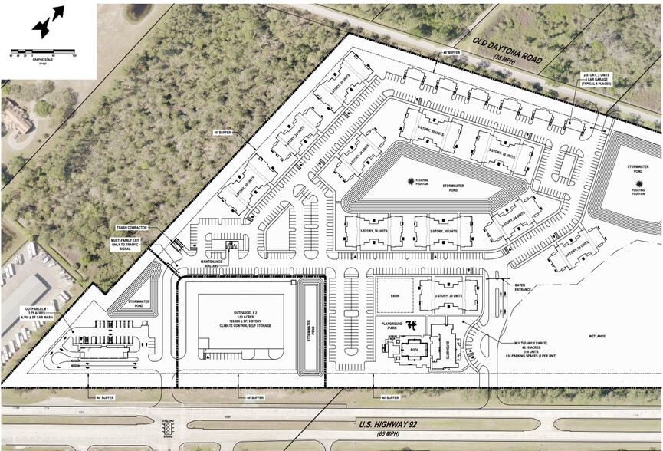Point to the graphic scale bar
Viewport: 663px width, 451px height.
[x=47, y=55]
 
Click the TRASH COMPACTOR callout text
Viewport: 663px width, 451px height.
[x=132, y=228]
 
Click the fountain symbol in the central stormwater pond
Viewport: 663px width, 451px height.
[x=409, y=175]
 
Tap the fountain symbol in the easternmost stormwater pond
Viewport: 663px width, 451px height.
[x=639, y=184]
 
